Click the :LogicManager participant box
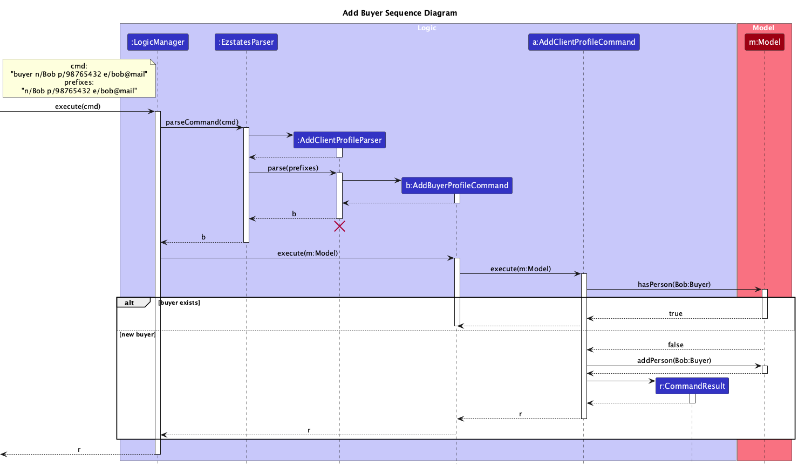158,42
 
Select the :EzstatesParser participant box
246,42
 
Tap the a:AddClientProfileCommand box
583,42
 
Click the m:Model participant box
764,42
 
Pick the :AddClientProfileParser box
339,140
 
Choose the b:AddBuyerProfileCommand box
456,186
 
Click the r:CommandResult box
692,386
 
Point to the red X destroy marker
339,226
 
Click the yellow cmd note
79,78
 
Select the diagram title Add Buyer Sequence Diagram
399,13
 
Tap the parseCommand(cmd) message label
202,122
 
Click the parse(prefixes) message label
293,168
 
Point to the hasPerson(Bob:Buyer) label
674,284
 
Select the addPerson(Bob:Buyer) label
674,360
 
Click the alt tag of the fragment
131,303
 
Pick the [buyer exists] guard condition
179,303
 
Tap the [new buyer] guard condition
137,334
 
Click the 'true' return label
676,314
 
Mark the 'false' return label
676,345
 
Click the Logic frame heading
427,28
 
